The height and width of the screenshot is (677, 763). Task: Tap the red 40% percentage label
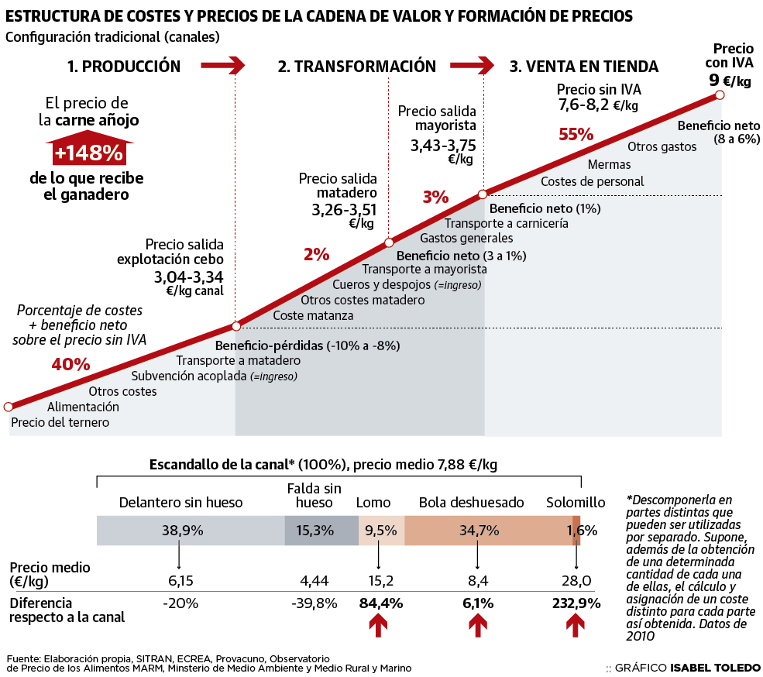click(70, 363)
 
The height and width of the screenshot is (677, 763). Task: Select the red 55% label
click(576, 134)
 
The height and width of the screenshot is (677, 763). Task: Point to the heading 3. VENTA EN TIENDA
click(583, 67)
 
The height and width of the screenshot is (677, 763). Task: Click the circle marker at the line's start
click(9, 407)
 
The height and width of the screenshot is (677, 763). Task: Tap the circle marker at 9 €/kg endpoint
click(720, 95)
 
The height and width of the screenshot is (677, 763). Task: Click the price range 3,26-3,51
click(344, 209)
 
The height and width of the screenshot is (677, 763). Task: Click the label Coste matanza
click(313, 315)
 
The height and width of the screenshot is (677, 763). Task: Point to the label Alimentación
click(84, 407)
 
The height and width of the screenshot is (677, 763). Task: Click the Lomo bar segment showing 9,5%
click(380, 531)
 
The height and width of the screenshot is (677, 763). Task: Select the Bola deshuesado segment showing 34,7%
click(488, 531)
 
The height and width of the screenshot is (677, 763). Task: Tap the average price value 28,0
click(576, 581)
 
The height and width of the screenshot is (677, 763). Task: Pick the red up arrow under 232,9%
click(576, 624)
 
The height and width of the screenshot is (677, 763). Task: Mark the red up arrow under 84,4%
click(378, 624)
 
